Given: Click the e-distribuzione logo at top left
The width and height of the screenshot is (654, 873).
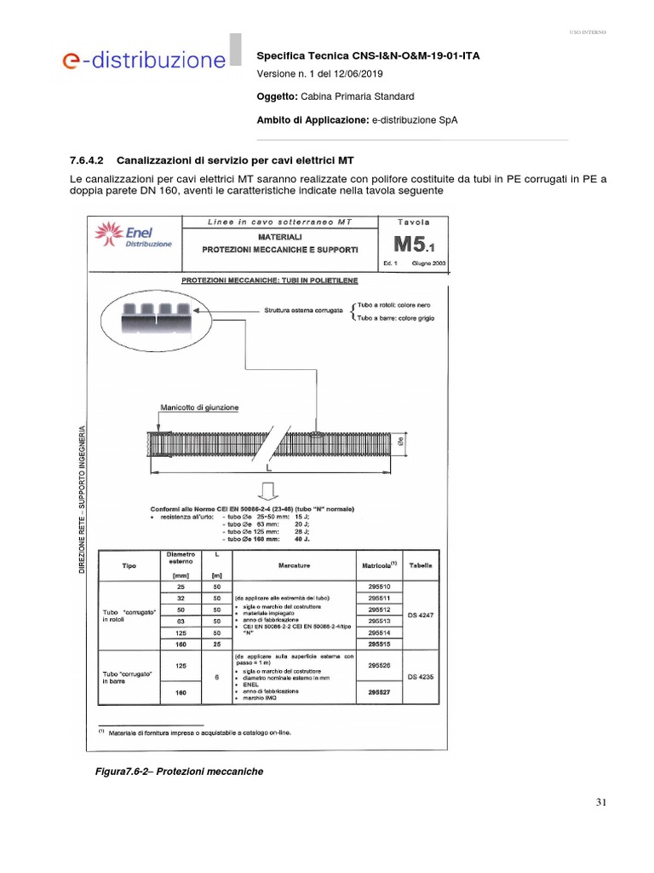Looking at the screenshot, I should [143, 61].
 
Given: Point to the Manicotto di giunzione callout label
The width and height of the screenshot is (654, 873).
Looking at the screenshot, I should [199, 408].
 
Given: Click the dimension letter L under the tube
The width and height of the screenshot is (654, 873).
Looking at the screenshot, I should [267, 469].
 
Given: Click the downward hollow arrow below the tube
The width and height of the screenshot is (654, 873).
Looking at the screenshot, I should [266, 491].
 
